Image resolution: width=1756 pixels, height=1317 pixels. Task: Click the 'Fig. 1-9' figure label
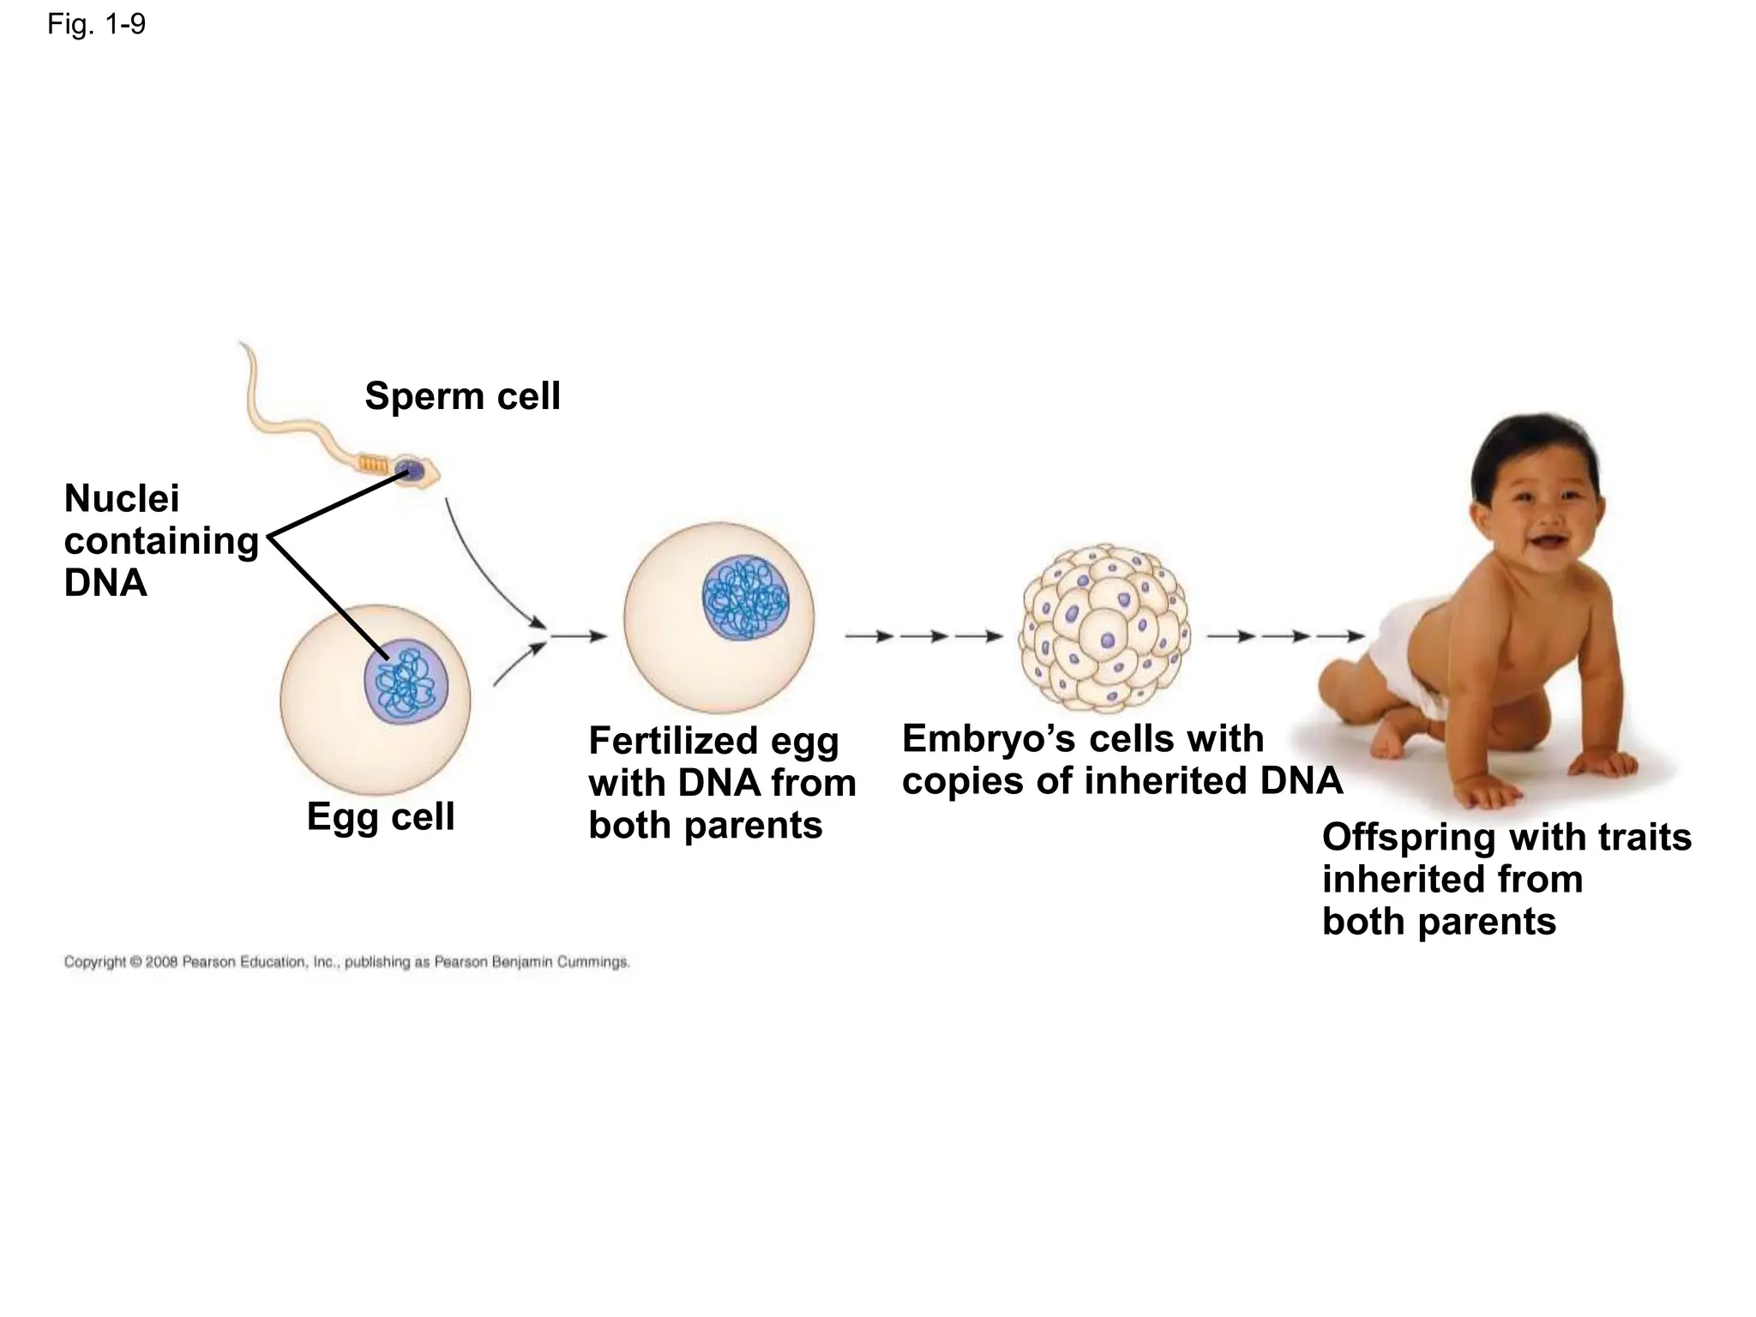click(x=96, y=24)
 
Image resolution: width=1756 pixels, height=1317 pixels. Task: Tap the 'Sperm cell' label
click(x=462, y=396)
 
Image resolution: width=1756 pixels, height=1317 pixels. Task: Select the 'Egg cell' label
click(x=380, y=816)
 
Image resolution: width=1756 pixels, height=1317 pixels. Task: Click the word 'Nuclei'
click(x=122, y=498)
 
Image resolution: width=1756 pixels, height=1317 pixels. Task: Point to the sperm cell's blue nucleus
click(x=412, y=471)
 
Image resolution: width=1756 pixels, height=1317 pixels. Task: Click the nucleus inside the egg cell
click(x=406, y=683)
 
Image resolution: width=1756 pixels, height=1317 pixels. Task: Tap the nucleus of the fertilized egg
click(x=745, y=598)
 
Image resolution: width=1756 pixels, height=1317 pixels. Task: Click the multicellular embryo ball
click(x=1105, y=628)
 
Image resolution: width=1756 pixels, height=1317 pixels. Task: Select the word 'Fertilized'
click(x=671, y=741)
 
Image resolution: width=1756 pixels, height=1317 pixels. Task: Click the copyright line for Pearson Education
click(x=346, y=962)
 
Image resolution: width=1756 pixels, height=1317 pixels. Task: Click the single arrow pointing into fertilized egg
click(x=579, y=636)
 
